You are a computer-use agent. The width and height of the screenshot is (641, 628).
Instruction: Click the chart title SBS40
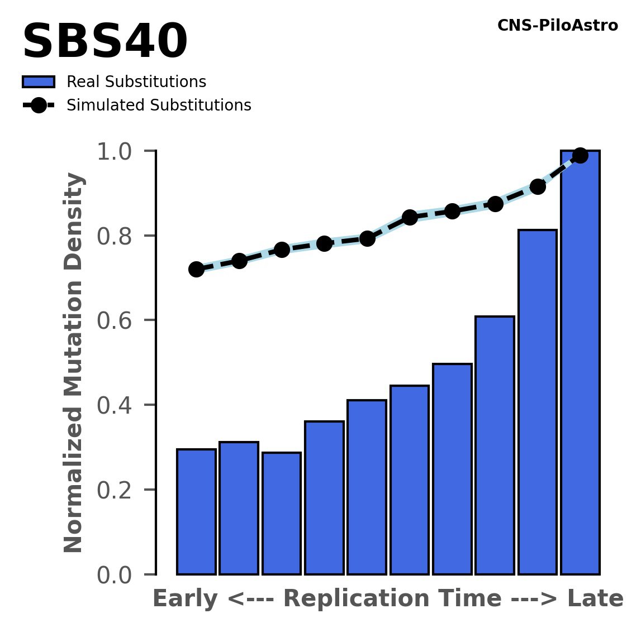pyautogui.click(x=105, y=42)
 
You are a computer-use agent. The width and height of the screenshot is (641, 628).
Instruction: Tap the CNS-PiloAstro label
pyautogui.click(x=557, y=26)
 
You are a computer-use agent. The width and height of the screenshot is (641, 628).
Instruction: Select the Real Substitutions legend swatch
pyautogui.click(x=38, y=82)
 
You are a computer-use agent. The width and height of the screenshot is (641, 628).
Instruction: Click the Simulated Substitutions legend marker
pyautogui.click(x=38, y=106)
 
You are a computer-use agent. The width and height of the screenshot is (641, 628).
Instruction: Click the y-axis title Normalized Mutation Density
pyautogui.click(x=74, y=363)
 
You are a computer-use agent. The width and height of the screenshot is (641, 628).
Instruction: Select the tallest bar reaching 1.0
pyautogui.click(x=580, y=363)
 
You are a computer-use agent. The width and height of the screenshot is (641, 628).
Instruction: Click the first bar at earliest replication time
pyautogui.click(x=196, y=511)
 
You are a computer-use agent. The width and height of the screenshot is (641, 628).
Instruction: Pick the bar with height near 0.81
pyautogui.click(x=537, y=402)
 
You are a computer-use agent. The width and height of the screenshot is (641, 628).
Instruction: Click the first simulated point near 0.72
pyautogui.click(x=196, y=269)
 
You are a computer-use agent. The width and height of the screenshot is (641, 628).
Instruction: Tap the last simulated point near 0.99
pyautogui.click(x=580, y=155)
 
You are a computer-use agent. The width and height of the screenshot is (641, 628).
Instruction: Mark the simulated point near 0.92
pyautogui.click(x=538, y=186)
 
